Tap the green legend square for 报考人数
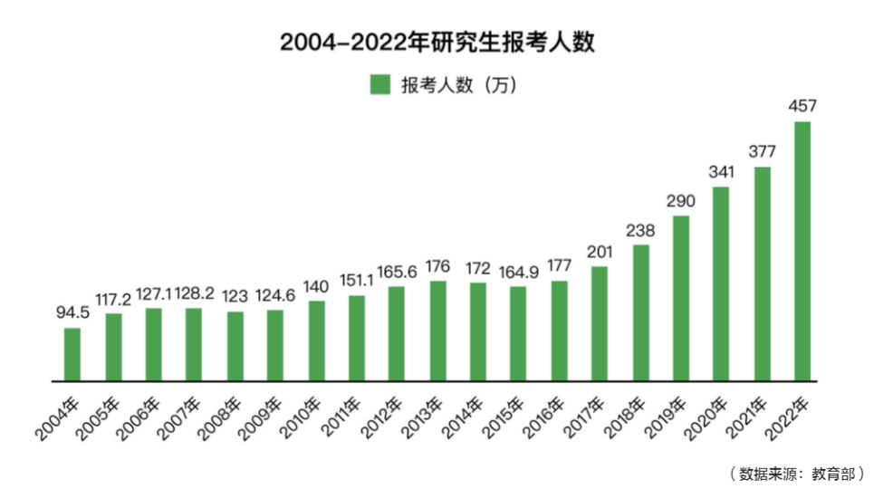(379, 85)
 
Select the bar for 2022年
(802, 251)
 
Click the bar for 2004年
(72, 354)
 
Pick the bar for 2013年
(437, 331)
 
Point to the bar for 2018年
(640, 312)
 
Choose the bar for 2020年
(721, 283)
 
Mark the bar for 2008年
(235, 346)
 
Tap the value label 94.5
(72, 314)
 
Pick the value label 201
(600, 252)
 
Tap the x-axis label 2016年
(546, 416)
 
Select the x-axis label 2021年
(749, 416)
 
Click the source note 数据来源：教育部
(794, 473)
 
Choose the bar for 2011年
(356, 338)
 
